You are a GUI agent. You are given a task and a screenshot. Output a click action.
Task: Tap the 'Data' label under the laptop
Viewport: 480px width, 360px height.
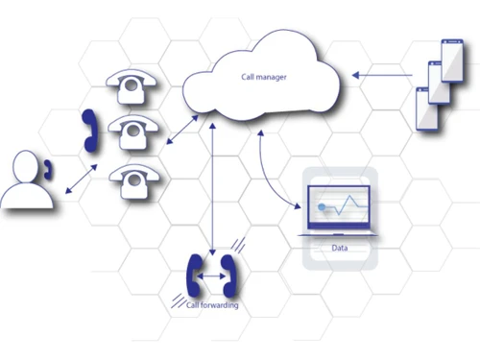pyautogui.click(x=339, y=248)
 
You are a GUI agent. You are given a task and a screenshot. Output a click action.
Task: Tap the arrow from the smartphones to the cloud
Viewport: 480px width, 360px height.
pyautogui.click(x=384, y=72)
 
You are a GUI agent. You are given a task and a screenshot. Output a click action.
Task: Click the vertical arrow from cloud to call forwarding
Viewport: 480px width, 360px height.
pyautogui.click(x=212, y=187)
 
